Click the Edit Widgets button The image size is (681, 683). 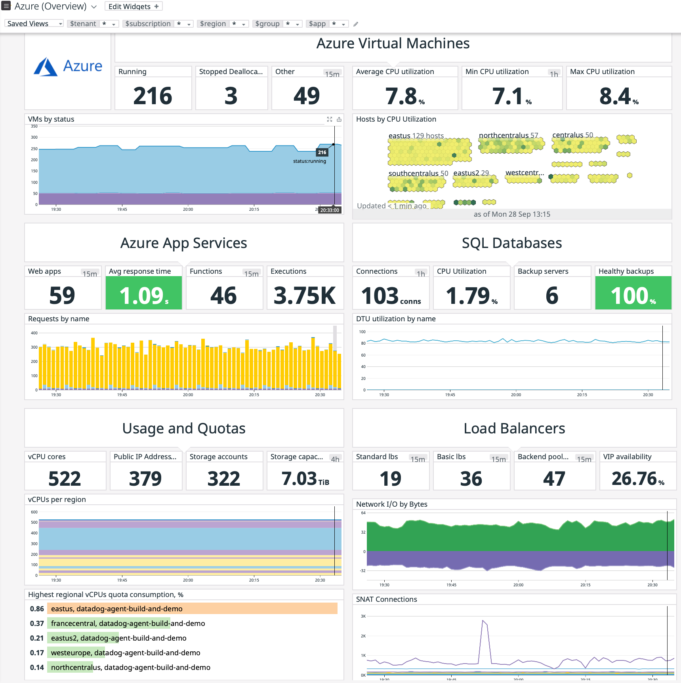click(x=134, y=6)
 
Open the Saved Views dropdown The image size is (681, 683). click(x=34, y=24)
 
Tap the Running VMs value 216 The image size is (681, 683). click(x=153, y=96)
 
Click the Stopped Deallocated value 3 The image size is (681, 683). click(x=231, y=96)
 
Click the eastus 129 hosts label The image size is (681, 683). click(x=416, y=135)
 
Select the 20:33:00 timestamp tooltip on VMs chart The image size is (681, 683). click(x=330, y=210)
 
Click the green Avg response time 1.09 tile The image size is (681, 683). click(x=144, y=293)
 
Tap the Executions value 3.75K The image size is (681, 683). click(x=304, y=296)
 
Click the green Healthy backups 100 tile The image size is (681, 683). click(x=633, y=293)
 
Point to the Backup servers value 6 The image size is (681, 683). click(x=552, y=296)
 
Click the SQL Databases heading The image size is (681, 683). click(x=512, y=243)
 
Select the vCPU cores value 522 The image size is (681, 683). click(x=65, y=479)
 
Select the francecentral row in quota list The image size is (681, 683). click(x=128, y=623)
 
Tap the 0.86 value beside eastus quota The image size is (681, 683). click(x=37, y=609)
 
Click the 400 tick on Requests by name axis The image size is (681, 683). click(x=34, y=333)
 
